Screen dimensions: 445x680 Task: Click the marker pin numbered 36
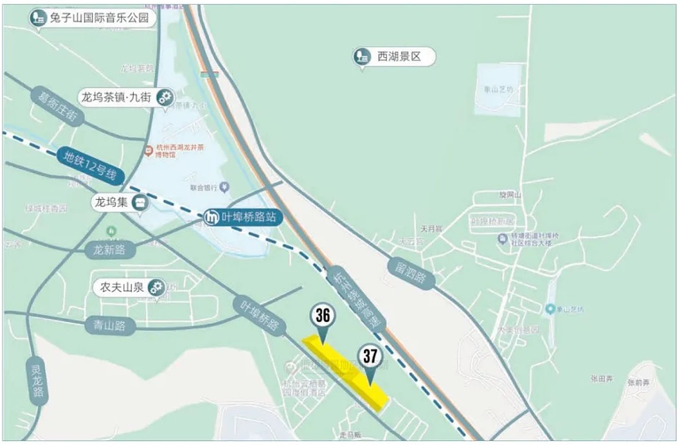pyautogui.click(x=322, y=316)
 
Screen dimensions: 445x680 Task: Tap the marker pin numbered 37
pyautogui.click(x=369, y=358)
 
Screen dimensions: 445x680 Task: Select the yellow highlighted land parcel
pyautogui.click(x=349, y=371)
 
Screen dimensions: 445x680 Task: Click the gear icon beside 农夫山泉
pyautogui.click(x=157, y=287)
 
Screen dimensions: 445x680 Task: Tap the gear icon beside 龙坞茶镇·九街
pyautogui.click(x=165, y=98)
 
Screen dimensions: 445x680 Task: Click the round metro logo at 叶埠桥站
pyautogui.click(x=212, y=217)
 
